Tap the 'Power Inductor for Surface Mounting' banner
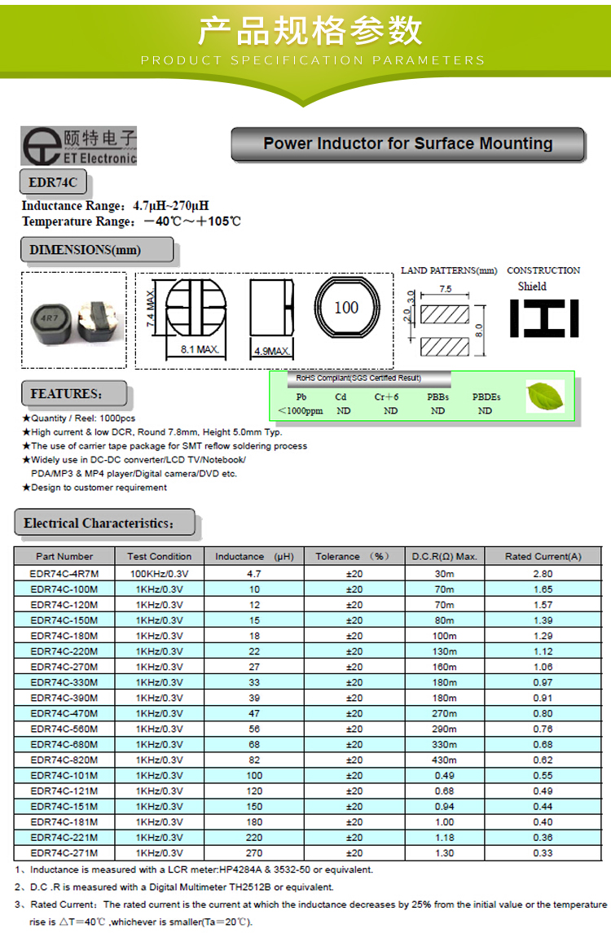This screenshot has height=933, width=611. click(x=408, y=144)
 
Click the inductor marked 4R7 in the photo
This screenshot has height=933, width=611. click(x=49, y=318)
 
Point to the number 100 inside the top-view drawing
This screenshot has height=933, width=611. click(x=346, y=308)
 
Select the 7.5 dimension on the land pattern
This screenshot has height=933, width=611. click(x=445, y=289)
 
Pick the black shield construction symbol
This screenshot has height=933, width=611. click(x=544, y=318)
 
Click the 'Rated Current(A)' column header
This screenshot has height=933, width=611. click(x=543, y=556)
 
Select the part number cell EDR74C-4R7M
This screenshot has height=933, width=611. click(x=64, y=573)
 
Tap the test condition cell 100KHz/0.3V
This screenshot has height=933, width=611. click(x=160, y=573)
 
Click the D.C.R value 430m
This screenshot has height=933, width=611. click(x=444, y=760)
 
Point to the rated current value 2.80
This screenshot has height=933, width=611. click(x=543, y=573)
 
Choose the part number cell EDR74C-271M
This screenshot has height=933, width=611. click(x=64, y=853)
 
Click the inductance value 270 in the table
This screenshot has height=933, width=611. click(x=254, y=853)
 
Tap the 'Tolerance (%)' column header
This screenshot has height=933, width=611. click(x=354, y=556)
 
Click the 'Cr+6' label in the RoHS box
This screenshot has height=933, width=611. click(x=387, y=396)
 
